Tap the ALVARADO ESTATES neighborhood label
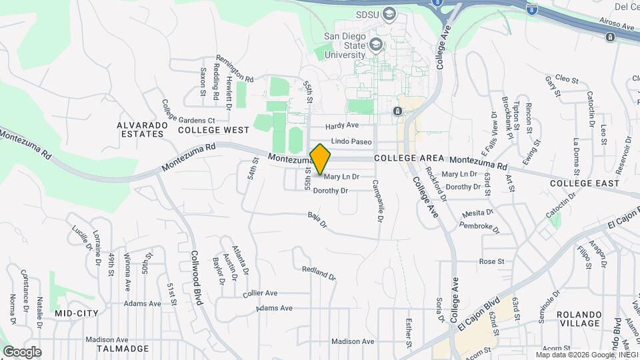click(140, 129)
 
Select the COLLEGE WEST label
click(213, 130)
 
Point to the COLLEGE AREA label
click(409, 158)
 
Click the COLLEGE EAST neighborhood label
click(580, 183)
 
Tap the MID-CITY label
click(77, 313)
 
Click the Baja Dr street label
click(317, 219)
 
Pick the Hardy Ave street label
click(342, 125)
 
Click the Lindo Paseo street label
click(351, 142)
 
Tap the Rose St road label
click(489, 261)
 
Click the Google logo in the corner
click(22, 351)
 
